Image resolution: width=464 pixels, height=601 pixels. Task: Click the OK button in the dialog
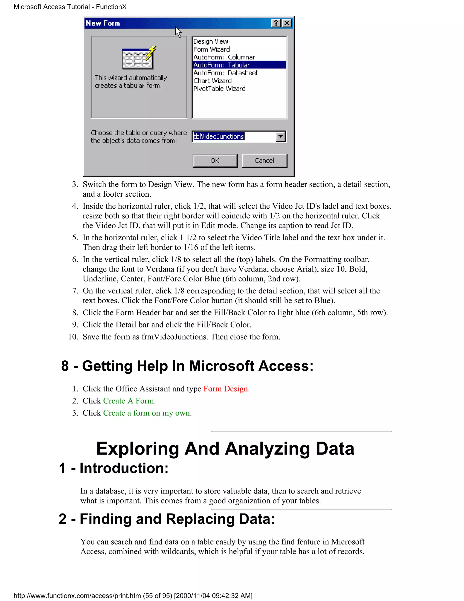[215, 161]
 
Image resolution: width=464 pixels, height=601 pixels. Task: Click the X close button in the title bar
[287, 23]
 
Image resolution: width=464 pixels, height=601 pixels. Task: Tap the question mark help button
[276, 23]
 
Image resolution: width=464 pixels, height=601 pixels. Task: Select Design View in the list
[210, 42]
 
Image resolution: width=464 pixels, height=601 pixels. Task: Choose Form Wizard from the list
[211, 49]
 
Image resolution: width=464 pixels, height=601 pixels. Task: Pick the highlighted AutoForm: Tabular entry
[222, 65]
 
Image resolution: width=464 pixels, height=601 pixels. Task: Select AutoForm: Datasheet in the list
[226, 73]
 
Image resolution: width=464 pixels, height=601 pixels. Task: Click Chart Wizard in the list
[213, 81]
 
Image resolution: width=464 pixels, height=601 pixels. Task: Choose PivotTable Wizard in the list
[219, 89]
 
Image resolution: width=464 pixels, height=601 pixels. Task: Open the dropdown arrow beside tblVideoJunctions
[281, 137]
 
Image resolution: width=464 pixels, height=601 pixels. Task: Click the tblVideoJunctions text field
[234, 137]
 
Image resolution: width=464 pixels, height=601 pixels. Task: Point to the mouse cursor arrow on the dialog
[178, 32]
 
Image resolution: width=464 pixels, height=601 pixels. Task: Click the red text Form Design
[225, 388]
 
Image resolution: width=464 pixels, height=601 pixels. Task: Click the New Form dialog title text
[103, 23]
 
